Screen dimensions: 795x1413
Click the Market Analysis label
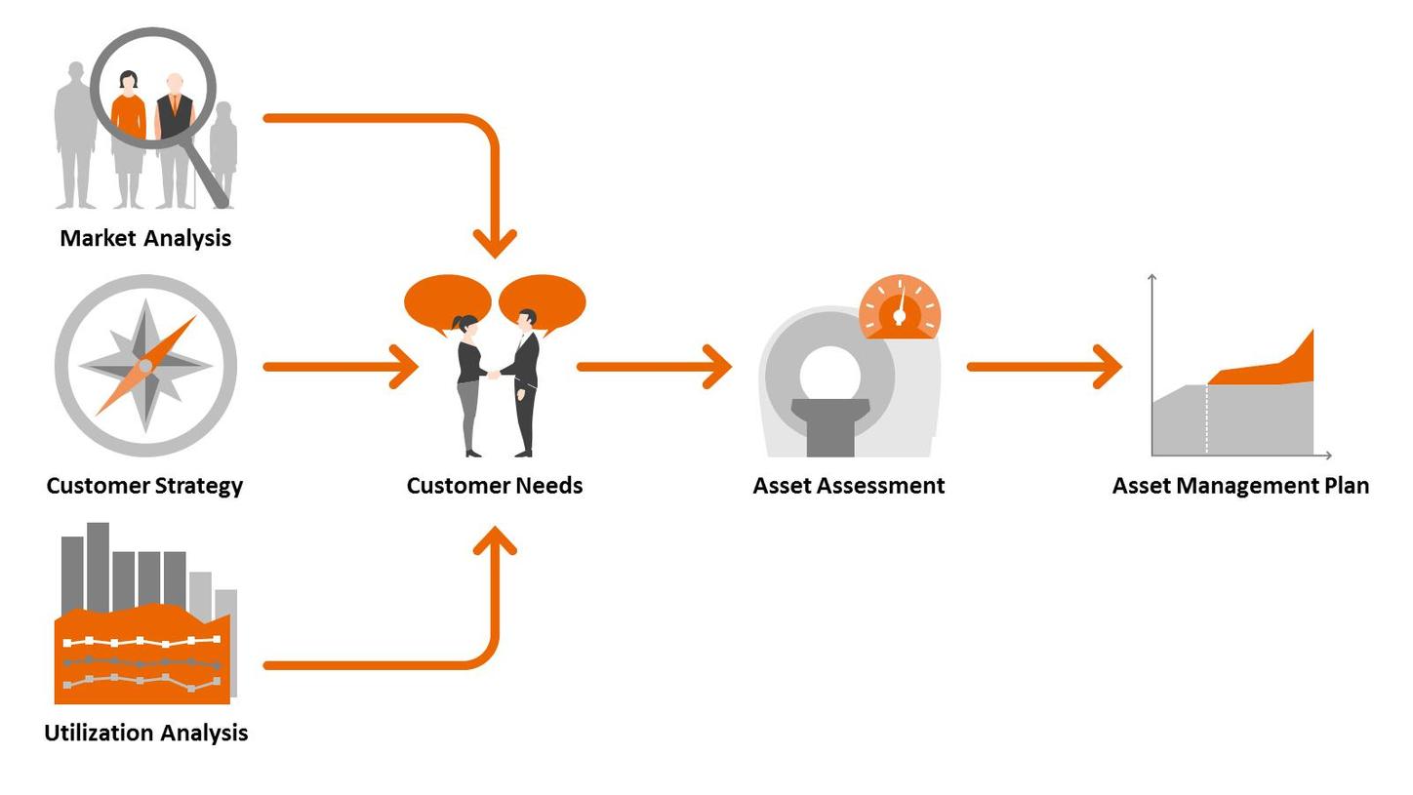point(145,238)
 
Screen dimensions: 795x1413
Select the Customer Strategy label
point(144,486)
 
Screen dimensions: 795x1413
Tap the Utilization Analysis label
point(145,733)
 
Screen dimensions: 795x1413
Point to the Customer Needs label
point(495,486)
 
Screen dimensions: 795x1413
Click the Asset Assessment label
point(849,486)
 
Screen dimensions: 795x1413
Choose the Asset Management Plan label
point(1240,486)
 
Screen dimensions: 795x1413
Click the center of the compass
point(145,366)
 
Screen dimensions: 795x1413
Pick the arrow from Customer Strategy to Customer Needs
point(342,367)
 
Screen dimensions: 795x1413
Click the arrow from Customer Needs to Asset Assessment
point(654,367)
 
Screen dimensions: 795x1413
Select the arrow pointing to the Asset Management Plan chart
point(1044,367)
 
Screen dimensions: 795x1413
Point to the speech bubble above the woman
point(447,300)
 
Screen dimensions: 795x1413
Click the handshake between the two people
point(494,374)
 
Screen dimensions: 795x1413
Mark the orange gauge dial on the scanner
point(900,308)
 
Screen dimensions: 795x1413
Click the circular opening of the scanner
point(829,376)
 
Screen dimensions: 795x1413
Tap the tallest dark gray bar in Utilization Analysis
point(98,566)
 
